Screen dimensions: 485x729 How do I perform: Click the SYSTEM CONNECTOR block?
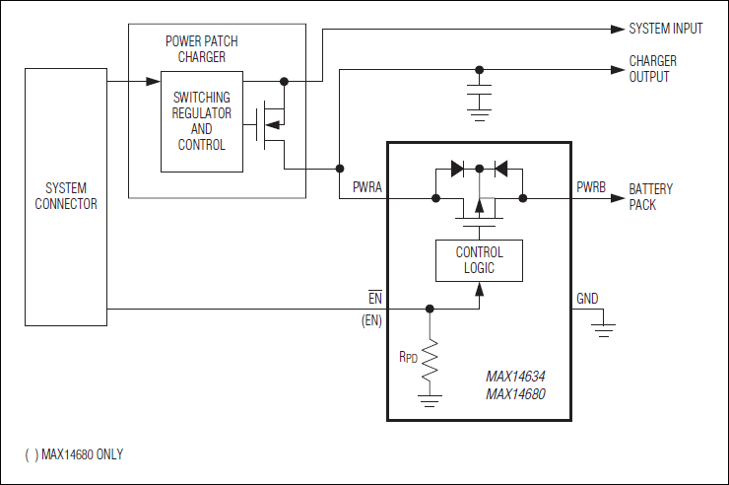66,196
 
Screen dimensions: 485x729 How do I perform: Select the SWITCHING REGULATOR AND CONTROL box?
201,121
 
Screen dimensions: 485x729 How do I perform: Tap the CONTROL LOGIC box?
479,260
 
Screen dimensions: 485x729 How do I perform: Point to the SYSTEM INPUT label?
666,29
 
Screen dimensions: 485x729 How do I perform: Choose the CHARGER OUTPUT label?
653,69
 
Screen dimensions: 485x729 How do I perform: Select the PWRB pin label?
591,185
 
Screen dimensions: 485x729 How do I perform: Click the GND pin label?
587,298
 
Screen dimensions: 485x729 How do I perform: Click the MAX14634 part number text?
515,377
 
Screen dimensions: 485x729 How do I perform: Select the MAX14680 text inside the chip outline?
515,393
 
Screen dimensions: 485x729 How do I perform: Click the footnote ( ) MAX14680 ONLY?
74,454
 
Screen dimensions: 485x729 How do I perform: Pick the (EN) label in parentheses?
371,320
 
